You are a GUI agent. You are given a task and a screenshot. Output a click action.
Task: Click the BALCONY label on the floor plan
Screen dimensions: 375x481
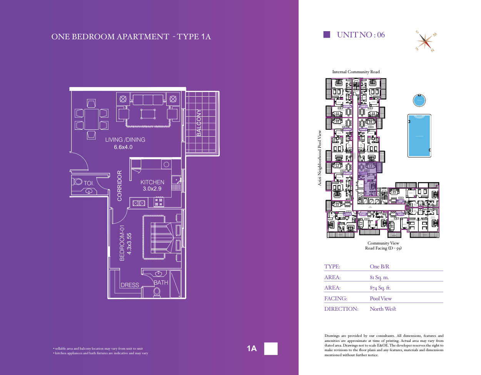[x=199, y=122]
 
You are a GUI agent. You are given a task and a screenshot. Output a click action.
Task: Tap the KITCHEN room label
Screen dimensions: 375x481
[x=152, y=182]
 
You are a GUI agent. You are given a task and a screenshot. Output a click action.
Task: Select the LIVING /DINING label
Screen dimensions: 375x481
[x=125, y=140]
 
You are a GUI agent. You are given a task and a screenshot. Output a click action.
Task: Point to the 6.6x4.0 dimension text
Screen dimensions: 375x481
[x=123, y=147]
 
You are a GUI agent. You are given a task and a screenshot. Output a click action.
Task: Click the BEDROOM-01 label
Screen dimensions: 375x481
[x=122, y=243]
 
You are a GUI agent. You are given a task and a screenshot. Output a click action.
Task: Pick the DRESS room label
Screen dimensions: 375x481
[x=130, y=285]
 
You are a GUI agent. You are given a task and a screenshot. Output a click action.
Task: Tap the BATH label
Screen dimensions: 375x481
[x=161, y=283]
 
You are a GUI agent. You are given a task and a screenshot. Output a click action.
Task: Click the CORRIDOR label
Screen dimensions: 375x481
[x=120, y=186]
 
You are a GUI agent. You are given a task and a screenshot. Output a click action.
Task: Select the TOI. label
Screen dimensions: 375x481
[x=89, y=183]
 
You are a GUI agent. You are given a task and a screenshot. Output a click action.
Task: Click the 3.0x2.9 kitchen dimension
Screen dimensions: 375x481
[x=152, y=189]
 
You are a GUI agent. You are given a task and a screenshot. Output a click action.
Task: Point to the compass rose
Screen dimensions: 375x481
[x=426, y=41]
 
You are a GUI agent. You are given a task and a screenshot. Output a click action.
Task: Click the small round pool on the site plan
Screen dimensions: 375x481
[x=419, y=100]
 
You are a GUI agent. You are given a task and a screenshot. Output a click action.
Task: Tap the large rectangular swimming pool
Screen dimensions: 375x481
[x=419, y=136]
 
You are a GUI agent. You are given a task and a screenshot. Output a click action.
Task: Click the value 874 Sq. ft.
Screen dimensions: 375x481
[x=380, y=288]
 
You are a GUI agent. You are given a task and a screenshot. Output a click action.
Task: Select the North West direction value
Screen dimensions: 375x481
[x=382, y=309]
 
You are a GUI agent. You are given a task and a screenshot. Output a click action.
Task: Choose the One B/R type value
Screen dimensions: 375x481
[x=379, y=266]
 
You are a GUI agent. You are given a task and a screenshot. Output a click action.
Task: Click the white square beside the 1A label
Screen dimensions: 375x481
[x=271, y=348]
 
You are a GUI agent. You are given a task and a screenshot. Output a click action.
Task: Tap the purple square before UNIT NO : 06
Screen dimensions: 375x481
[x=327, y=35]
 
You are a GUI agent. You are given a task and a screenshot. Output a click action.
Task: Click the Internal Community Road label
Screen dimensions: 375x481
[x=356, y=72]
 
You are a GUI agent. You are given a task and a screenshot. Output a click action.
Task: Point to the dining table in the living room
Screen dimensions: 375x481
[x=92, y=119]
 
